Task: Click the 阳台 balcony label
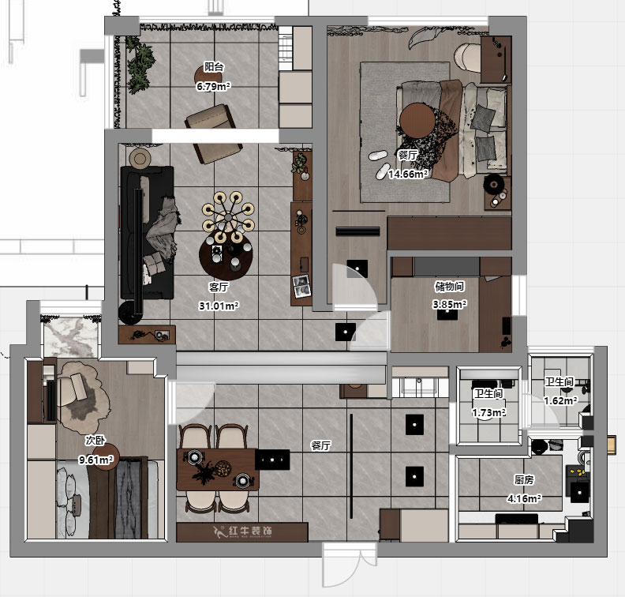tap(214, 66)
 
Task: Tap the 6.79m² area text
tap(214, 86)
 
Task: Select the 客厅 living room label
tap(219, 287)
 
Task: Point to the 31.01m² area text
tap(219, 306)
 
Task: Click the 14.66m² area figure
tap(409, 174)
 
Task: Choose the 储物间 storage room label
tap(449, 286)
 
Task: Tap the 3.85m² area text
tap(449, 304)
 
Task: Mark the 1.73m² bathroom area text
tap(489, 412)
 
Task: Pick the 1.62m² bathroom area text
tap(561, 400)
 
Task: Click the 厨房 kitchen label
tap(524, 479)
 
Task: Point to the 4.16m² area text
tap(524, 498)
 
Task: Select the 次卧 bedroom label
tap(95, 441)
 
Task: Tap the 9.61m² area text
tap(96, 460)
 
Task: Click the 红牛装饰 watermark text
tap(250, 531)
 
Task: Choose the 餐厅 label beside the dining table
tap(321, 445)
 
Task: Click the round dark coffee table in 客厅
tap(226, 255)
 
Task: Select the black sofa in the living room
tap(147, 232)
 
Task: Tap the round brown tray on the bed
tap(417, 121)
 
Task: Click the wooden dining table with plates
tap(217, 469)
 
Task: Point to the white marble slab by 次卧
tap(70, 337)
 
